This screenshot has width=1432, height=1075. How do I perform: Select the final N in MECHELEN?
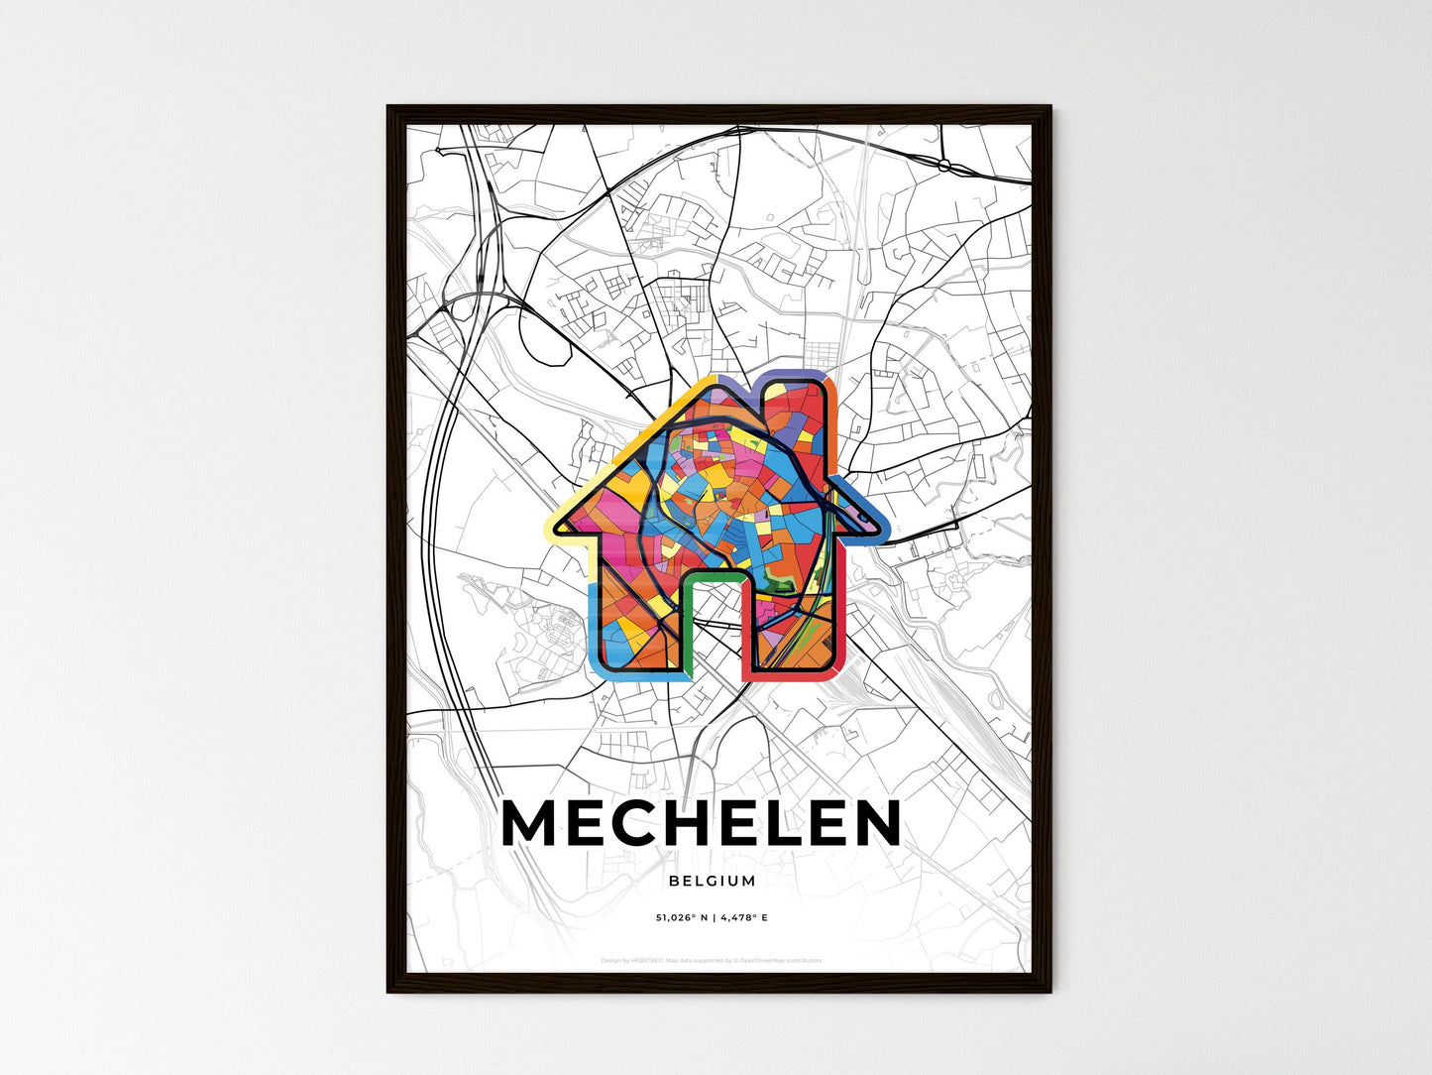pyautogui.click(x=873, y=823)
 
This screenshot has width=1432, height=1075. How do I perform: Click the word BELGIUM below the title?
pyautogui.click(x=712, y=881)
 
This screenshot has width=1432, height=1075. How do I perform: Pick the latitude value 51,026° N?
pyautogui.click(x=678, y=917)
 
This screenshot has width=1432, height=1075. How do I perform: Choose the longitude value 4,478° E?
pyautogui.click(x=742, y=917)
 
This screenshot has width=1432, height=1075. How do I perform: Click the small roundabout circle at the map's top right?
pyautogui.click(x=944, y=164)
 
